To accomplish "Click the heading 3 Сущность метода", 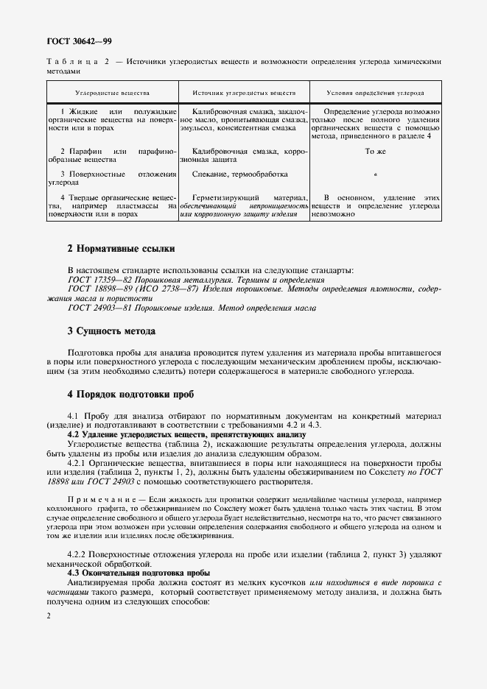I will point(111,331).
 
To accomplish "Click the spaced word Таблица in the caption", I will point(69,62).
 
